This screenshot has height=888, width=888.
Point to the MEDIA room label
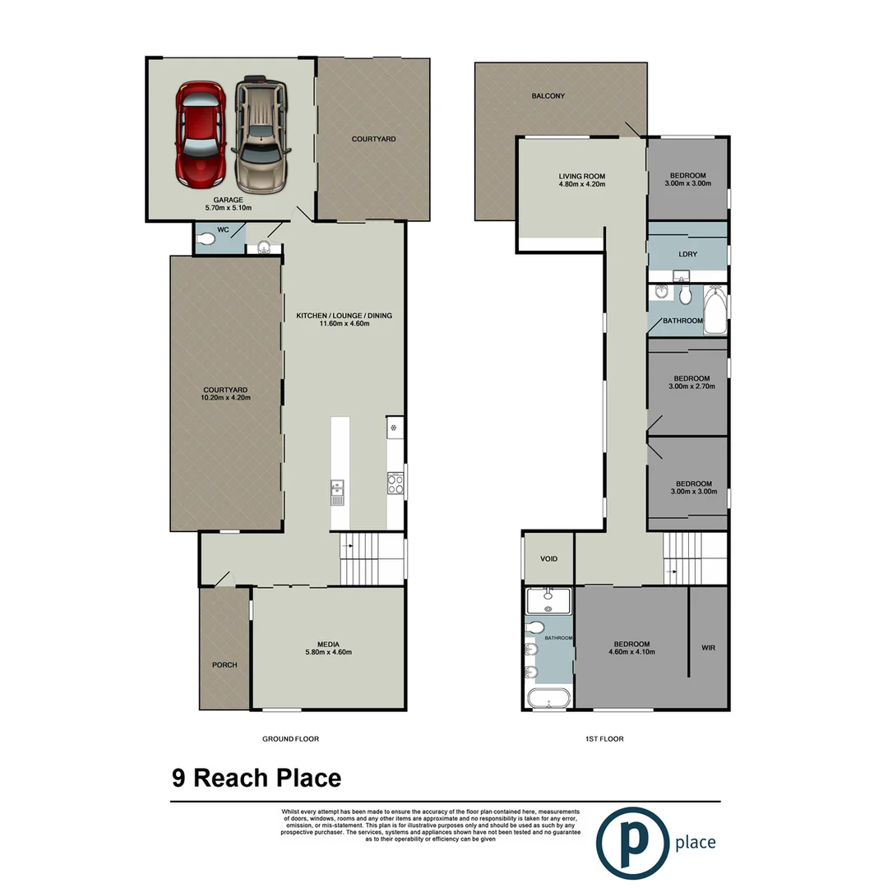coord(329,644)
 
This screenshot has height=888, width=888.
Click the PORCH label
coord(224,664)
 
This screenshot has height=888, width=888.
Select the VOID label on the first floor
coord(548,559)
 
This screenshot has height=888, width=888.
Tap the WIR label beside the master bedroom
coord(709,648)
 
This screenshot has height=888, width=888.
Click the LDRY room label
coord(688,254)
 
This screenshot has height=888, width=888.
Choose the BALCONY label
coord(548,96)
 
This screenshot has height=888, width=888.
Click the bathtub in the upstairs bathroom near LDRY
coord(716,310)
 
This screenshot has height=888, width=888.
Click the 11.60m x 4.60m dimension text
coord(345,323)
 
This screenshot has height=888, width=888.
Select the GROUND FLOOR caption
coord(290,739)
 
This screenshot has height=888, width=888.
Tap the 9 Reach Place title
coord(257,778)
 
